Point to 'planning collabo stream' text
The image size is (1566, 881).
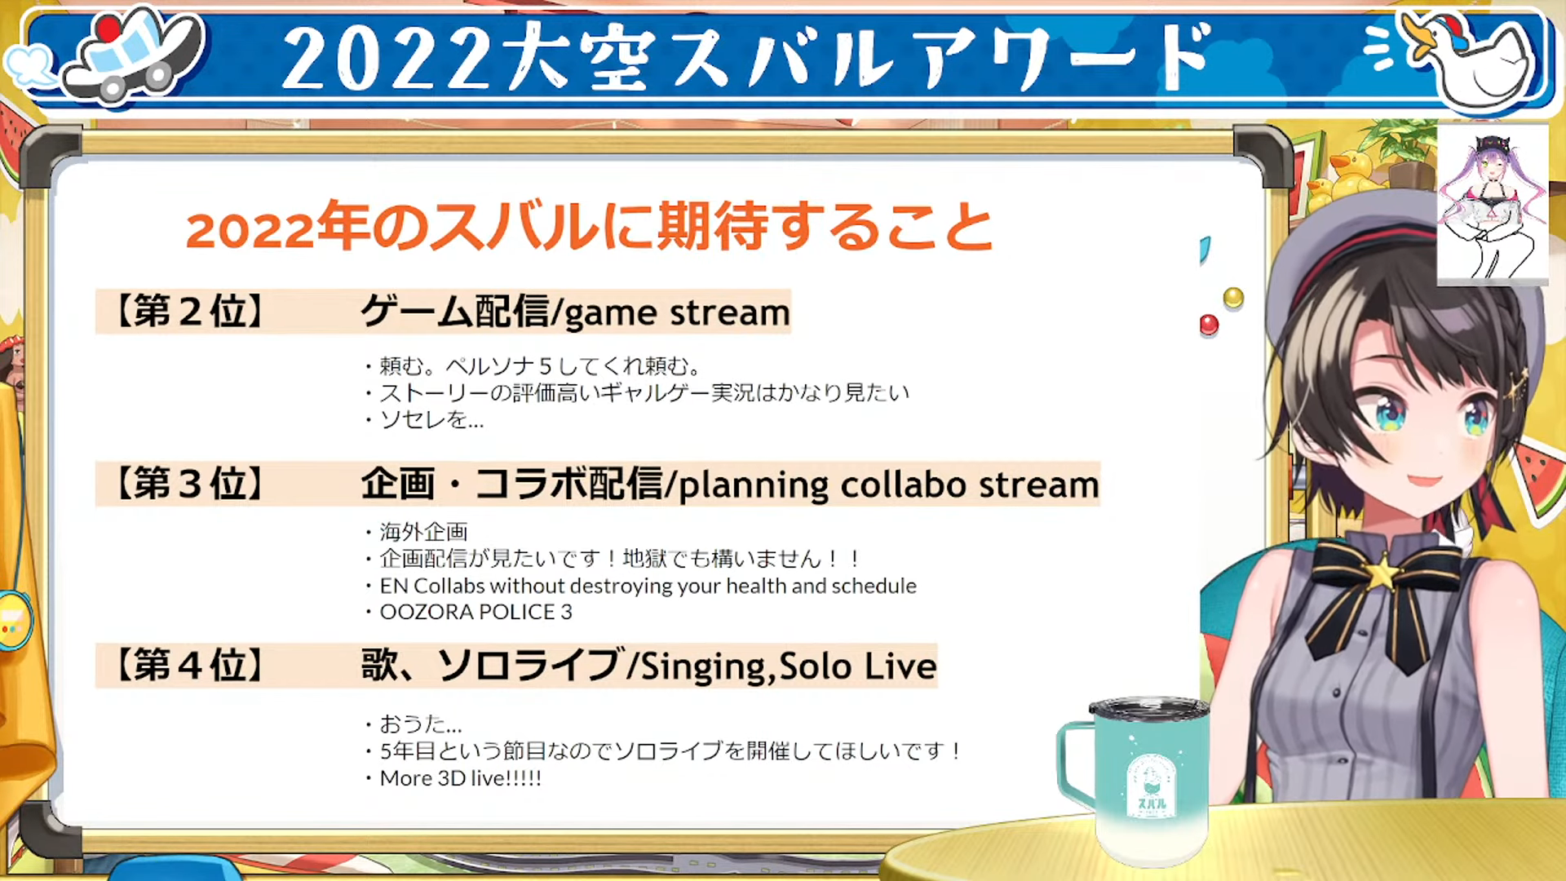(x=889, y=485)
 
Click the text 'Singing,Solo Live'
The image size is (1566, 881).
(x=788, y=667)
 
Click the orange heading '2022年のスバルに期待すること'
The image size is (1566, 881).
(x=589, y=227)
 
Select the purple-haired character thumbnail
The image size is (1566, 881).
(x=1492, y=204)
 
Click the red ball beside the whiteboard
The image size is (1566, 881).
(x=1209, y=325)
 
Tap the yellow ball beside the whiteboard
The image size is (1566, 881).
(x=1233, y=298)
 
